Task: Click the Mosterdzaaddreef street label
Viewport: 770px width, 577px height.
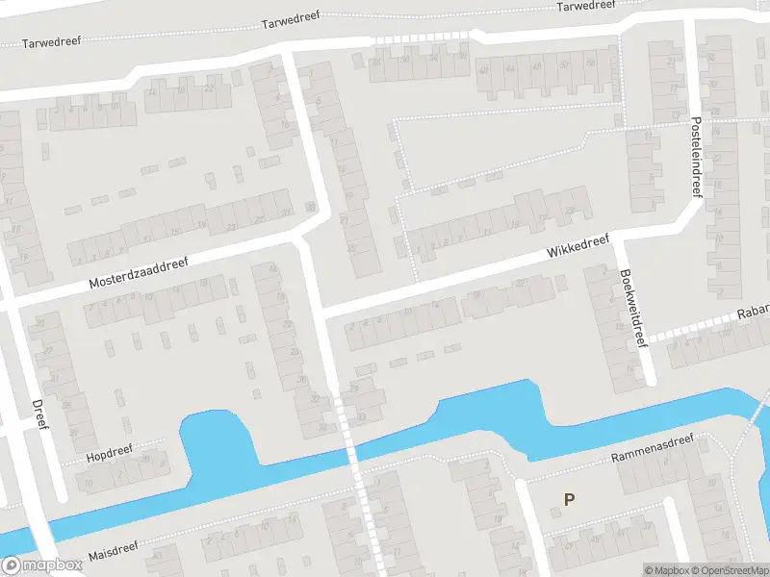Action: point(140,273)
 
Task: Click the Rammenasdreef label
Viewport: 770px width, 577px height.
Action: point(653,454)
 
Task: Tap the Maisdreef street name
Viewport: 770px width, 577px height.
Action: point(114,551)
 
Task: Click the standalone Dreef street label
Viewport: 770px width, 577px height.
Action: point(39,416)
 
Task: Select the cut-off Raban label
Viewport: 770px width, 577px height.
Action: point(753,314)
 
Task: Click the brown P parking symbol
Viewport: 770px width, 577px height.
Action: point(569,499)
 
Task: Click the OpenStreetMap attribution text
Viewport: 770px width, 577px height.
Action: point(728,570)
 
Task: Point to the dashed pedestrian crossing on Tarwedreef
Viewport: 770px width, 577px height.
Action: point(421,37)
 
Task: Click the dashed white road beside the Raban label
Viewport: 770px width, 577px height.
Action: point(693,328)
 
